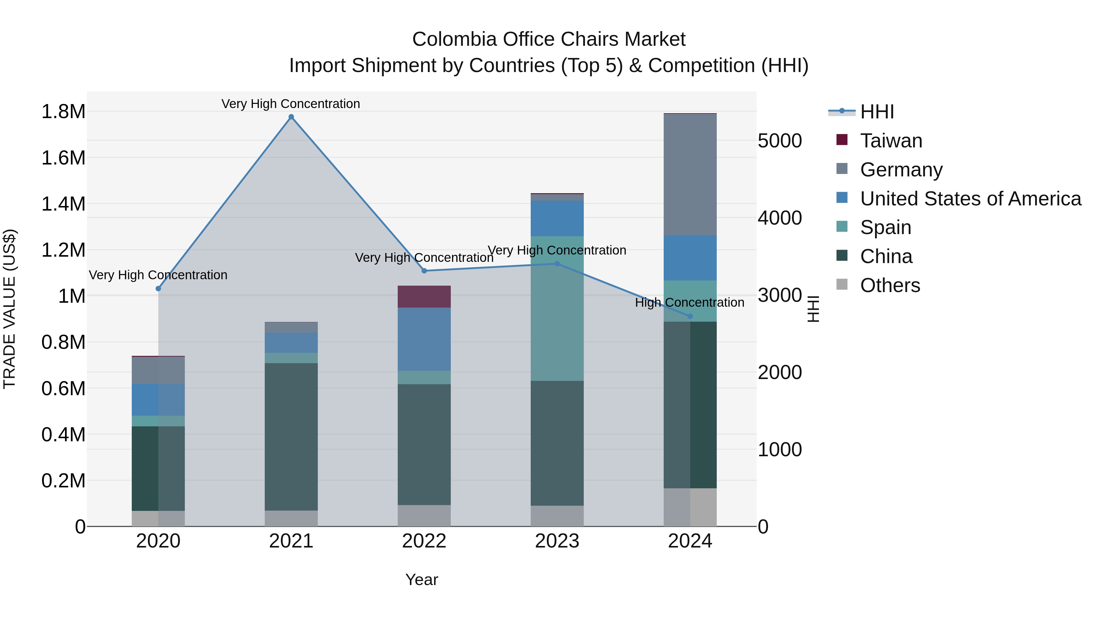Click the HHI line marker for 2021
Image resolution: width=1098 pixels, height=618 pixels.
pos(291,117)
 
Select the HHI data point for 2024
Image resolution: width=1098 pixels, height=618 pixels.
pos(690,316)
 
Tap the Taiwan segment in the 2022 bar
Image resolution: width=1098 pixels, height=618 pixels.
pos(424,296)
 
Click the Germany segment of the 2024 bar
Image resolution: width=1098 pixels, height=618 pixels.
pos(690,175)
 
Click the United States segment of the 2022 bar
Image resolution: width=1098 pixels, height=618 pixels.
pos(424,339)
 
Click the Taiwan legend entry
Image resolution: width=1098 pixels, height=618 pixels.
pos(891,141)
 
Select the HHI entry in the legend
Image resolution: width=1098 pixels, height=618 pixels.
pos(877,112)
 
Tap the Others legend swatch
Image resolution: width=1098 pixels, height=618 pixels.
pos(842,284)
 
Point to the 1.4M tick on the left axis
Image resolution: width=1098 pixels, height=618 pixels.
pos(63,204)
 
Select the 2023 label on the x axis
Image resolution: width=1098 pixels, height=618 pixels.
pos(557,541)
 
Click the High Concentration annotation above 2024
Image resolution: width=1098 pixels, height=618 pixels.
pos(689,302)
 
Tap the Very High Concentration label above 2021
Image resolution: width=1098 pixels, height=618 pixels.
pos(291,104)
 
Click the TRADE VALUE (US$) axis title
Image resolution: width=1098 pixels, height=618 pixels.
pos(9,309)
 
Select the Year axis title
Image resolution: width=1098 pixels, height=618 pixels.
pos(422,580)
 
